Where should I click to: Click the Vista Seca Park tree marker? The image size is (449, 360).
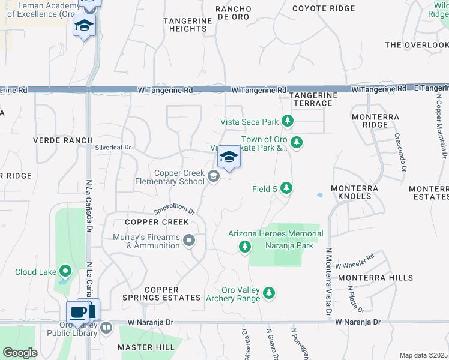288,122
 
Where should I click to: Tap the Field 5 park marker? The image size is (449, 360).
286,189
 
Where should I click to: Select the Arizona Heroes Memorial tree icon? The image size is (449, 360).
244,247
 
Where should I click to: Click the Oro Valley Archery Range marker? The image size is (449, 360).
270,293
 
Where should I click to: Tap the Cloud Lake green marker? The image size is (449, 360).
65,271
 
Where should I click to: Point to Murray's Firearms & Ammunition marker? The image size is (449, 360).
190,241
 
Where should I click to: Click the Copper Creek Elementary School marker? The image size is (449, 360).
214,177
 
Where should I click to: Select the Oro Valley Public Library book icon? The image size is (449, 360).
106,328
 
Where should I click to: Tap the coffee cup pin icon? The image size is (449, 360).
77,312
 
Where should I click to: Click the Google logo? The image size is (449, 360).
19,353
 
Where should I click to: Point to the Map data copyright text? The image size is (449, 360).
424,355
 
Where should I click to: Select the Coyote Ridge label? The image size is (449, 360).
319,8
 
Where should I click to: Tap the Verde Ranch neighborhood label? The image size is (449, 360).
63,140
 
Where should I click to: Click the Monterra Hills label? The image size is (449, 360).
375,278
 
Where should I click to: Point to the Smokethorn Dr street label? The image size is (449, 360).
175,210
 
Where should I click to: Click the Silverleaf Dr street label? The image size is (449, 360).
113,147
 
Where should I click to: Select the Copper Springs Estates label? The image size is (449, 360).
161,293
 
